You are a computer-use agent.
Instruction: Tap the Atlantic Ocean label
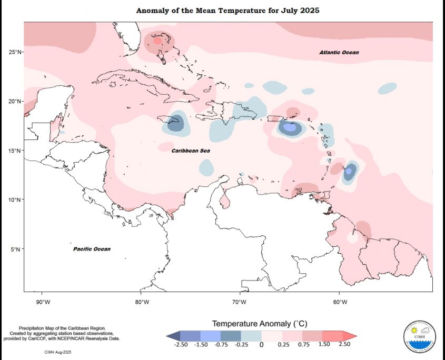coord(339,53)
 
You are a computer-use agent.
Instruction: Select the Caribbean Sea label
coord(191,151)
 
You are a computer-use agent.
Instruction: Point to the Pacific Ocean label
coord(92,249)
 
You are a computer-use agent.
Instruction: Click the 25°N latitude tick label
coord(14,52)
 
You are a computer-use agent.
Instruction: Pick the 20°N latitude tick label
coord(14,101)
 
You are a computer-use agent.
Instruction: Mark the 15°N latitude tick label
coord(14,151)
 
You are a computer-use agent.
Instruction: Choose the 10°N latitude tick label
coord(14,200)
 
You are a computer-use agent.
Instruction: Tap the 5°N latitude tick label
coord(16,249)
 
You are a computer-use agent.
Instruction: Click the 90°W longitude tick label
coord(42,302)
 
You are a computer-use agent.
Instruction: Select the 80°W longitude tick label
coord(141,302)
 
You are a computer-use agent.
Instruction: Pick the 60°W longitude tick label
coord(340,302)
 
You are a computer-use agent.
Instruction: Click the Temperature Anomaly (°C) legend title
coord(260,323)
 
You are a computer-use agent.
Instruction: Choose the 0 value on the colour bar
coord(261,345)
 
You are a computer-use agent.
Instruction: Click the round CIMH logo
coord(419,335)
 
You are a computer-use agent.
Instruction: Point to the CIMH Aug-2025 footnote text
coord(57,350)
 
